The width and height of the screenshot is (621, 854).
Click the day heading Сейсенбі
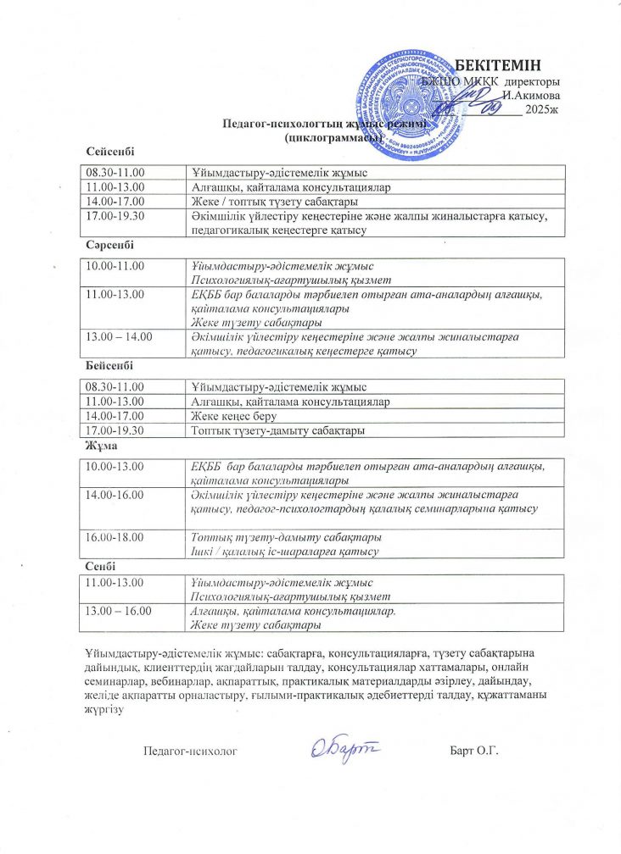click(111, 151)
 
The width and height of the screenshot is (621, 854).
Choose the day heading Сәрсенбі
click(110, 245)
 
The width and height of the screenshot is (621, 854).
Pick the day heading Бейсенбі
click(109, 365)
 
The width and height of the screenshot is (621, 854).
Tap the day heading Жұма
click(100, 446)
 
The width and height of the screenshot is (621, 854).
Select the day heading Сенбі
click(101, 565)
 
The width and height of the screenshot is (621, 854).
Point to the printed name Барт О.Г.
click(473, 751)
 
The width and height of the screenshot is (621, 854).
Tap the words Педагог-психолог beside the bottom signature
click(188, 751)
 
